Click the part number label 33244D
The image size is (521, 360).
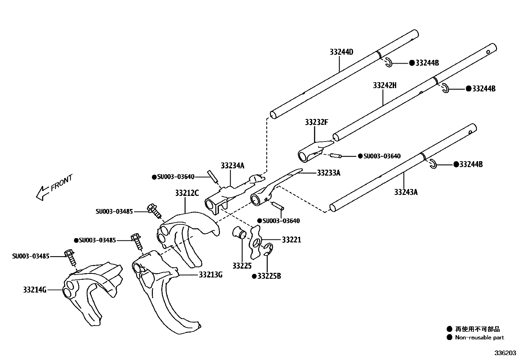pyautogui.click(x=341, y=52)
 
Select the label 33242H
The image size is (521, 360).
pyautogui.click(x=385, y=85)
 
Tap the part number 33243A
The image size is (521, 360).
pyautogui.click(x=406, y=192)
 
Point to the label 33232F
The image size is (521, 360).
pyautogui.click(x=316, y=122)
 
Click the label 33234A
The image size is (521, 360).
pyautogui.click(x=232, y=165)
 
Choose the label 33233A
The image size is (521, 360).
pyautogui.click(x=329, y=173)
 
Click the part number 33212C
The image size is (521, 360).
pyautogui.click(x=187, y=193)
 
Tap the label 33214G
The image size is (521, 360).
pyautogui.click(x=35, y=290)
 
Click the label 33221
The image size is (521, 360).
pyautogui.click(x=292, y=240)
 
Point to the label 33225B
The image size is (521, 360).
pyautogui.click(x=269, y=276)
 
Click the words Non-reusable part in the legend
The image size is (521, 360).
pyautogui.click(x=479, y=337)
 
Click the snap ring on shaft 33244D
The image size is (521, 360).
pyautogui.click(x=388, y=62)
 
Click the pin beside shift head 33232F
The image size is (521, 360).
pyautogui.click(x=336, y=156)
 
